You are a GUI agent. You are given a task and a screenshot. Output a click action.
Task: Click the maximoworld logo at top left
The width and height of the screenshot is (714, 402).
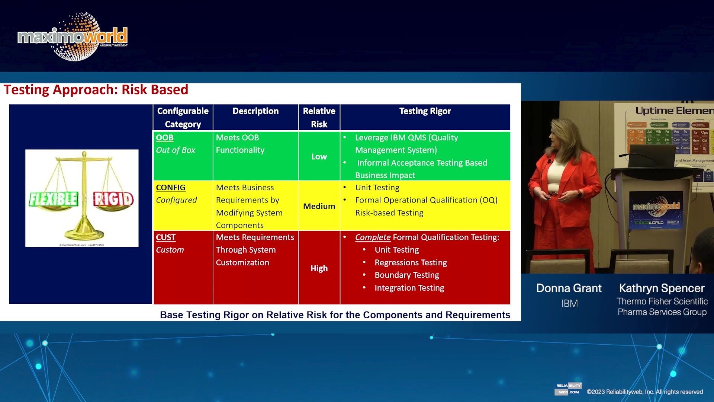click(x=73, y=36)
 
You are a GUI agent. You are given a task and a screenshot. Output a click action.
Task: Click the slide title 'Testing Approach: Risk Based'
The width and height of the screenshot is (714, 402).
click(x=96, y=90)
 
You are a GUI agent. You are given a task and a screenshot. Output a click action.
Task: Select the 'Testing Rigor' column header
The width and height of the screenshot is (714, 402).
click(x=425, y=111)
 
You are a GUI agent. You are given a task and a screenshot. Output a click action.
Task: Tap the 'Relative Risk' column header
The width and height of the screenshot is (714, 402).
click(x=319, y=117)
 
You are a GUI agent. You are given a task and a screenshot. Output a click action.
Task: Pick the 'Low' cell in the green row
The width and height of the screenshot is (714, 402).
click(x=319, y=157)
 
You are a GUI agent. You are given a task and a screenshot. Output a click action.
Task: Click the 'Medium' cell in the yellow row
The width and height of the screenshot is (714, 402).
click(x=319, y=206)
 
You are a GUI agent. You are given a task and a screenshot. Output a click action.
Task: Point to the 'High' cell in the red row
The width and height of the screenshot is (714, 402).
click(x=319, y=268)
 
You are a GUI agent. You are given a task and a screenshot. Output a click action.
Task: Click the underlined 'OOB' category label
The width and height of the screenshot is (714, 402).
click(x=165, y=138)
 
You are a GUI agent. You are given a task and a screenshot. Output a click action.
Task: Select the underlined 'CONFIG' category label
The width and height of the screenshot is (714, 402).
click(x=170, y=188)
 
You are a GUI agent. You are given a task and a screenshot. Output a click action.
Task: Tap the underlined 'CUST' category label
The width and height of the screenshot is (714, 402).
click(x=165, y=237)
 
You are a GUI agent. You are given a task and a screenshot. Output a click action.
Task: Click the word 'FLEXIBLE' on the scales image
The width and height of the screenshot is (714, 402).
click(x=54, y=199)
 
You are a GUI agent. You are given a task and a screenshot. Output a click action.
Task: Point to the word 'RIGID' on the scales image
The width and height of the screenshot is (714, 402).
click(x=113, y=199)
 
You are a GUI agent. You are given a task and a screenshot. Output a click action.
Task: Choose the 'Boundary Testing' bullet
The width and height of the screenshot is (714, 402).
click(x=406, y=275)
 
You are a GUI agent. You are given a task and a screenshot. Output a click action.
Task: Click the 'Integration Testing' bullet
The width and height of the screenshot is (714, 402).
click(x=409, y=288)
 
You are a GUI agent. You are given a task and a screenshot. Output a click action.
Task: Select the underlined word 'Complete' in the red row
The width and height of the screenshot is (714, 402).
click(x=372, y=237)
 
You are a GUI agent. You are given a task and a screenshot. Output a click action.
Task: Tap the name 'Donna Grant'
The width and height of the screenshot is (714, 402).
click(x=569, y=288)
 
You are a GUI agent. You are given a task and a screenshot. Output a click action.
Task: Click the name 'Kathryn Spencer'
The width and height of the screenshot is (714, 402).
click(x=662, y=288)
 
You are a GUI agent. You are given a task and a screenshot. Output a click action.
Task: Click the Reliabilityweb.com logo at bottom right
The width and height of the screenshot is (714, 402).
click(x=568, y=389)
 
